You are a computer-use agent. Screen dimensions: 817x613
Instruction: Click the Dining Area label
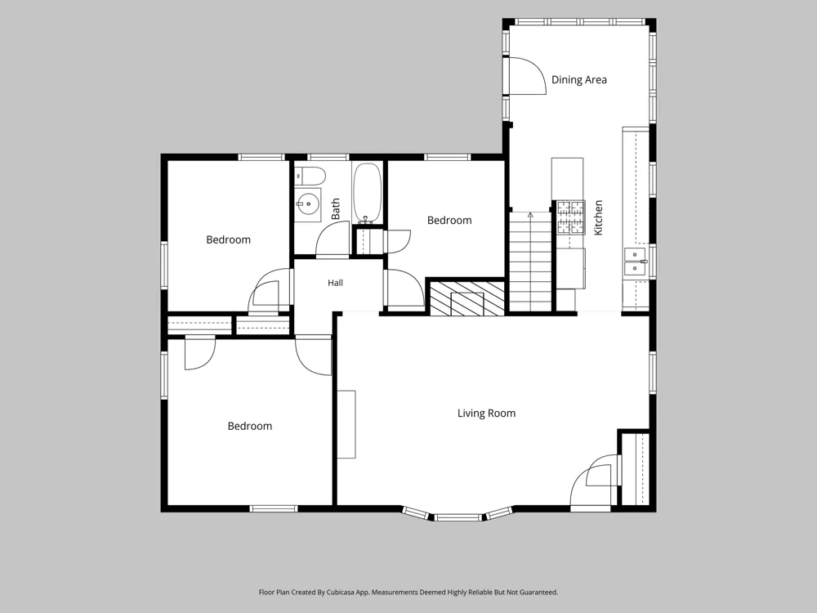pyautogui.click(x=579, y=80)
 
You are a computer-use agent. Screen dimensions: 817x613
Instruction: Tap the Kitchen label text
pyautogui.click(x=598, y=217)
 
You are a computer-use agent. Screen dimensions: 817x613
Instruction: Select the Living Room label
pyautogui.click(x=487, y=414)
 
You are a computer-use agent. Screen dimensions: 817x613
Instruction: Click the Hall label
pyautogui.click(x=335, y=283)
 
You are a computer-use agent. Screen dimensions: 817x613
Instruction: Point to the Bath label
pyautogui.click(x=336, y=208)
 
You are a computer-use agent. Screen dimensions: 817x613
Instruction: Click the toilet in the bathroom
pyautogui.click(x=310, y=176)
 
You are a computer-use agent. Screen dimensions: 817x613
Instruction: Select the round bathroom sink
pyautogui.click(x=307, y=204)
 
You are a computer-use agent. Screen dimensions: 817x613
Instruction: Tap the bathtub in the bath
pyautogui.click(x=368, y=193)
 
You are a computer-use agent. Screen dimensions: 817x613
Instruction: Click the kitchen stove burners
pyautogui.click(x=570, y=217)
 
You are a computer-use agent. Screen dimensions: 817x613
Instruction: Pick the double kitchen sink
pyautogui.click(x=635, y=262)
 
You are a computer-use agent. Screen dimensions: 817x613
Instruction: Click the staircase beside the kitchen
pyautogui.click(x=530, y=262)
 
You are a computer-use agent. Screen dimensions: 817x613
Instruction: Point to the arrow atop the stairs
pyautogui.click(x=530, y=215)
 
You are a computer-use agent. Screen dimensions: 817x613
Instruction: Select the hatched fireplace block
pyautogui.click(x=467, y=298)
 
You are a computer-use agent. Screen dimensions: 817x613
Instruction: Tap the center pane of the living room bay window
pyautogui.click(x=458, y=517)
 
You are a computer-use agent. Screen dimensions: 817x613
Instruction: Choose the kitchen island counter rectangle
pyautogui.click(x=568, y=179)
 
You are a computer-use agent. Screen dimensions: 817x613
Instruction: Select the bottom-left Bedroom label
pyautogui.click(x=249, y=427)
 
